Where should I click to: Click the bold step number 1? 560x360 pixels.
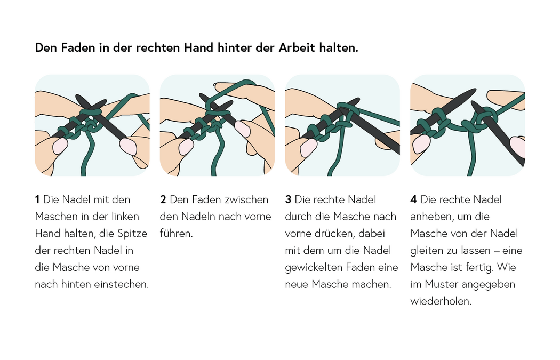coord(37,200)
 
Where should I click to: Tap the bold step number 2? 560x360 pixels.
coord(163,200)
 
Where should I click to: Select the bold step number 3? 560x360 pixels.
coord(288,200)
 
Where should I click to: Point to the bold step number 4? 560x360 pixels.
coord(413,200)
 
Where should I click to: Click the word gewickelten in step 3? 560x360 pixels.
coord(314,268)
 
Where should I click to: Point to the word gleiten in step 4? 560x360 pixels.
coord(427,251)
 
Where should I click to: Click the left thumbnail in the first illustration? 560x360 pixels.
coord(59,146)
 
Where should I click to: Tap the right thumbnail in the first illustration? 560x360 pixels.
coord(129,145)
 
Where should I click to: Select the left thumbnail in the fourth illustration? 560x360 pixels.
coord(421,143)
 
